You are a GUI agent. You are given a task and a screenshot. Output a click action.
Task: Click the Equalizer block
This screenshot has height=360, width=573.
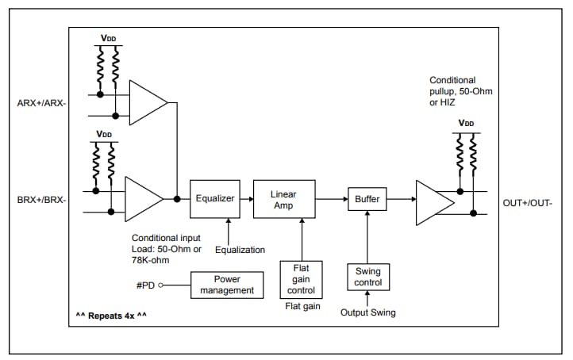[x=215, y=198]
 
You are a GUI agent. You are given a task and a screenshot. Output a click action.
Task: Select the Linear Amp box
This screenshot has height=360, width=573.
[x=283, y=199]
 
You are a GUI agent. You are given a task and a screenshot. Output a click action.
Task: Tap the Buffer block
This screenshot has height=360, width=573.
[x=367, y=199]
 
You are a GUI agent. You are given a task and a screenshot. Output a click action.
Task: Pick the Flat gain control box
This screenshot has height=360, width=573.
[x=300, y=279]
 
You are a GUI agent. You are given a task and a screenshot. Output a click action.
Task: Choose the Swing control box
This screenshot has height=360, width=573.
[x=367, y=277]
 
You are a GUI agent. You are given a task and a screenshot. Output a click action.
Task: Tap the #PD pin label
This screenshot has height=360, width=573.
[x=146, y=285]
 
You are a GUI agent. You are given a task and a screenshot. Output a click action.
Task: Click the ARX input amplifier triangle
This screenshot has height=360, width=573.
[x=146, y=102]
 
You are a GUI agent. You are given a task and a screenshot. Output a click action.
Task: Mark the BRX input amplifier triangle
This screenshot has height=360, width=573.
[x=141, y=199]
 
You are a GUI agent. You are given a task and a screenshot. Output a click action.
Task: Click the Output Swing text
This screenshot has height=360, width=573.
[x=367, y=312]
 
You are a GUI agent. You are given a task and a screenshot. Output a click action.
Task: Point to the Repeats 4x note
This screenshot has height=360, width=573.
[x=112, y=316]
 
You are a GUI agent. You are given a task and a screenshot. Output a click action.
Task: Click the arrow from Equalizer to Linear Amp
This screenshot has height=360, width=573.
[x=246, y=198]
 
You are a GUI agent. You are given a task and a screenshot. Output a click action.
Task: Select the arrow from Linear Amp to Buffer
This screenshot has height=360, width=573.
[x=331, y=199]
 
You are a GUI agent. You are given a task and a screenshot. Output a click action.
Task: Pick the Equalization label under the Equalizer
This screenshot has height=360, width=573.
[x=240, y=250]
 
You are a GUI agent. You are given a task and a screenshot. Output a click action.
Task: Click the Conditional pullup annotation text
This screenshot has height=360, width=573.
[x=461, y=92]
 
